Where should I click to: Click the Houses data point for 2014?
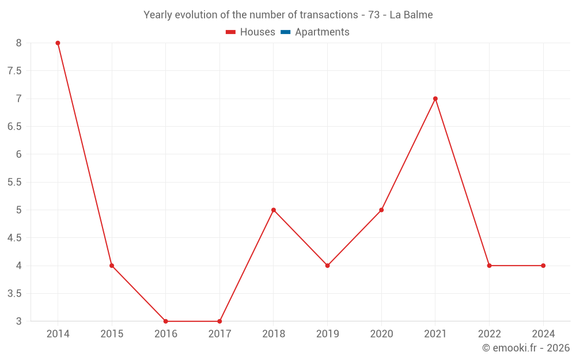pyautogui.click(x=58, y=43)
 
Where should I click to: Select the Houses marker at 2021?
pyautogui.click(x=435, y=98)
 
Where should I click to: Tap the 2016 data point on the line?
pyautogui.click(x=165, y=321)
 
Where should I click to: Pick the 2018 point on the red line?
pyautogui.click(x=274, y=210)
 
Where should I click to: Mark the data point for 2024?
pyautogui.click(x=543, y=266)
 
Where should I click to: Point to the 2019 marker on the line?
pyautogui.click(x=327, y=266)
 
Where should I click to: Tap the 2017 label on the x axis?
pyautogui.click(x=219, y=334)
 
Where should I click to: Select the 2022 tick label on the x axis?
pyautogui.click(x=489, y=334)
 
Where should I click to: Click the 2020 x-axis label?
pyautogui.click(x=381, y=334)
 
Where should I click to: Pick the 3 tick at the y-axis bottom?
pyautogui.click(x=18, y=321)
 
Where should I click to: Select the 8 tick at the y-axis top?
pyautogui.click(x=18, y=43)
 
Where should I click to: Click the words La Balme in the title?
pyautogui.click(x=411, y=15)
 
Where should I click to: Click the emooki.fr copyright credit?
pyautogui.click(x=526, y=348)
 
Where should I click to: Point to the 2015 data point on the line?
pyautogui.click(x=112, y=266)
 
